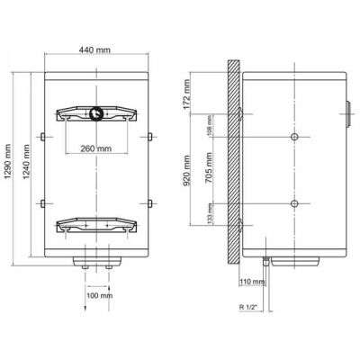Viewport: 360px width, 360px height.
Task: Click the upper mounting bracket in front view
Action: pyautogui.click(x=96, y=114)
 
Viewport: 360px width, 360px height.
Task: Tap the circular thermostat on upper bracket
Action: pyautogui.click(x=96, y=114)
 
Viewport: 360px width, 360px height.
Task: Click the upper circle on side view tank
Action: pyautogui.click(x=293, y=137)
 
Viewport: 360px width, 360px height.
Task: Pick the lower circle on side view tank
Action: pyautogui.click(x=293, y=204)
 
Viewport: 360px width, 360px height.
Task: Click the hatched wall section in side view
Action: pyautogui.click(x=232, y=162)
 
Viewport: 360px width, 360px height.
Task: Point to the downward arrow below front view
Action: pyautogui.click(x=85, y=306)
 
